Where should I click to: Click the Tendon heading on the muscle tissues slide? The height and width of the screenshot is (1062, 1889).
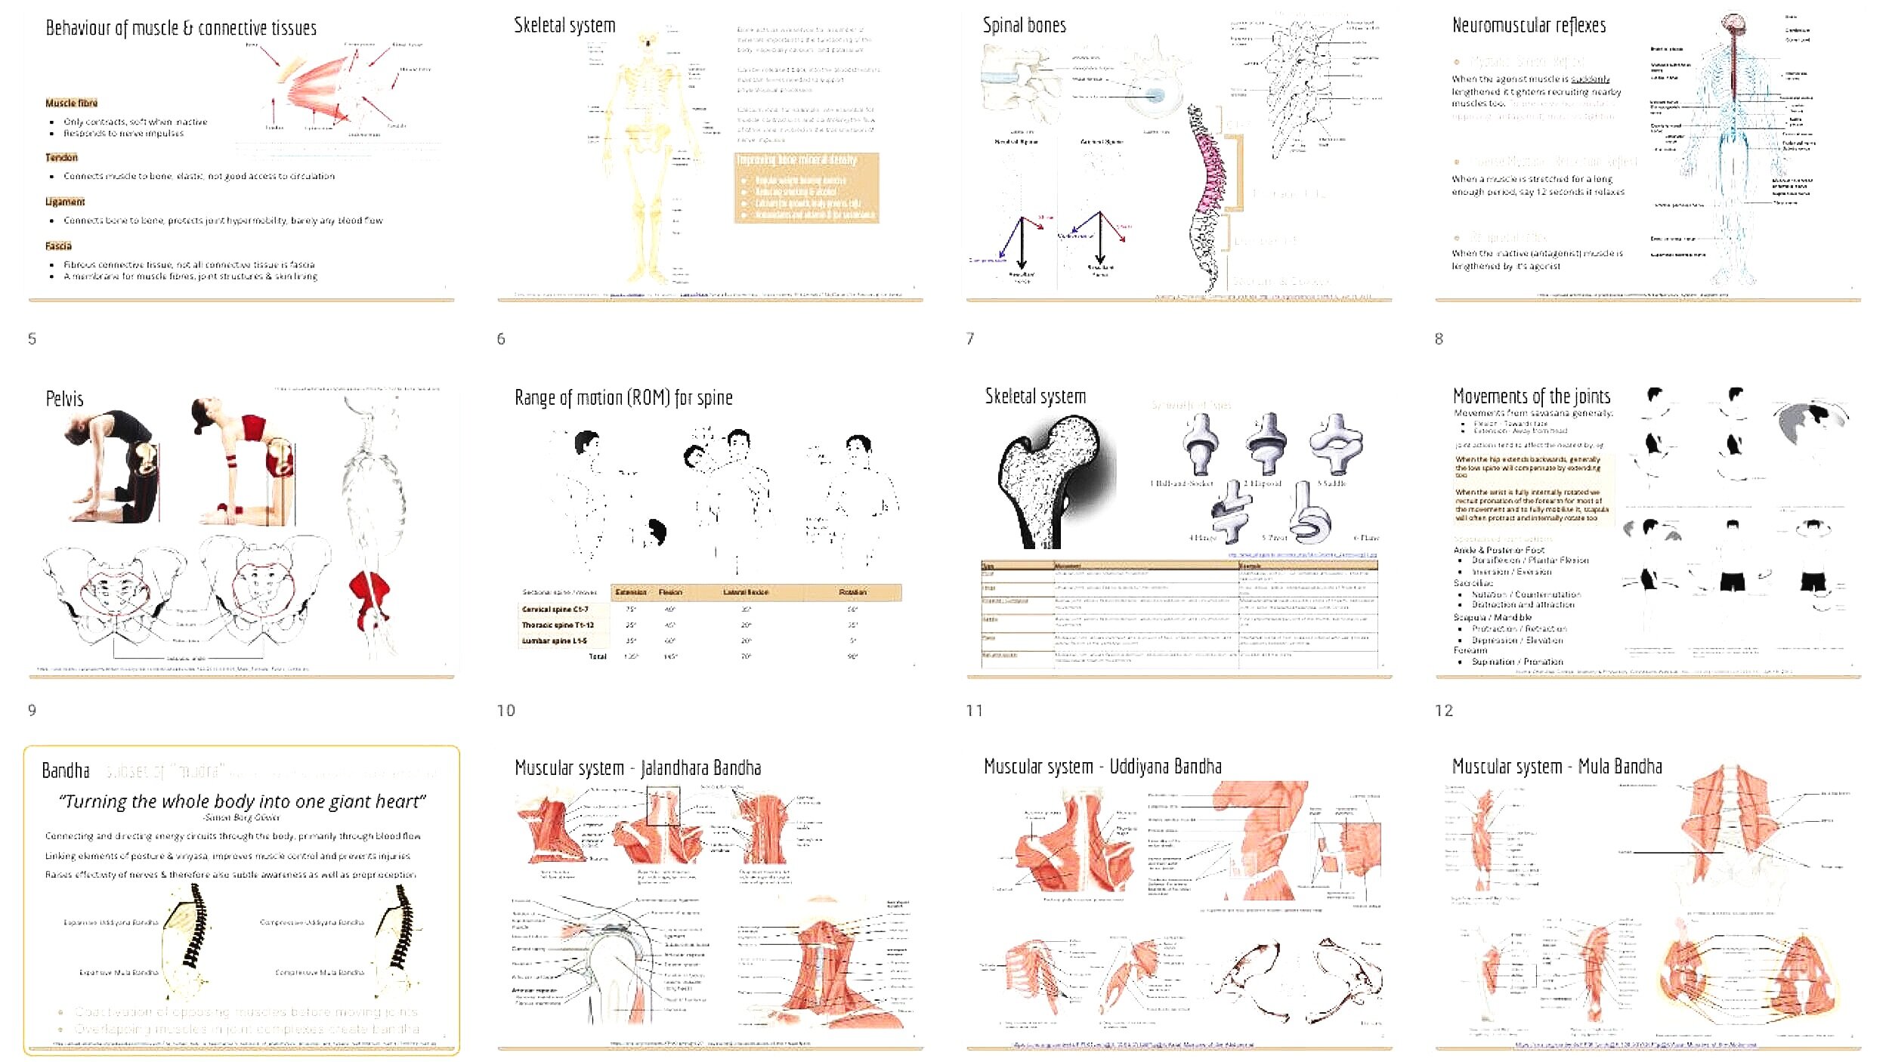click(61, 157)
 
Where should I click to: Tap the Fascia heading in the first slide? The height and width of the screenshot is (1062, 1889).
click(58, 245)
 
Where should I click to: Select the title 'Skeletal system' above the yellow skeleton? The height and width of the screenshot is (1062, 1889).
click(564, 26)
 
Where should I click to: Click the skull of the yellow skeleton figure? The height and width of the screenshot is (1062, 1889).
click(647, 41)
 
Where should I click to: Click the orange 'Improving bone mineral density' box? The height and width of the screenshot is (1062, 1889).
click(806, 188)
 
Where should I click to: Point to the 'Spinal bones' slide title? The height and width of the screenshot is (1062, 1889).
click(1024, 26)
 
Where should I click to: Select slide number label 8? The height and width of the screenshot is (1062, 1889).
click(1439, 339)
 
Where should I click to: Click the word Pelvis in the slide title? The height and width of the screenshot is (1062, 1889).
click(64, 399)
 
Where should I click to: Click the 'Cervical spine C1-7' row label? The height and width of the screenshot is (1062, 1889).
click(555, 609)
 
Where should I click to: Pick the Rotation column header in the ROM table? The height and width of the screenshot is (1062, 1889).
click(852, 592)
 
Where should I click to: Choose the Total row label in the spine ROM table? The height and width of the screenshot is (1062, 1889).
click(598, 656)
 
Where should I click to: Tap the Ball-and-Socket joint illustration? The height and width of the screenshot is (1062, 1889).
click(1200, 446)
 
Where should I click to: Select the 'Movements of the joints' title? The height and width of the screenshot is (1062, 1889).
click(1531, 397)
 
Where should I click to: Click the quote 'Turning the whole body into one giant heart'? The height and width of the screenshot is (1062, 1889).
click(242, 801)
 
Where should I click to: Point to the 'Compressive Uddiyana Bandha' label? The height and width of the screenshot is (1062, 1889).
click(311, 922)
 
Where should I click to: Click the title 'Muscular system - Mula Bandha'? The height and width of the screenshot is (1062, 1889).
click(1557, 767)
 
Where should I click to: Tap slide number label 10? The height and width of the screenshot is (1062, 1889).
click(505, 711)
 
